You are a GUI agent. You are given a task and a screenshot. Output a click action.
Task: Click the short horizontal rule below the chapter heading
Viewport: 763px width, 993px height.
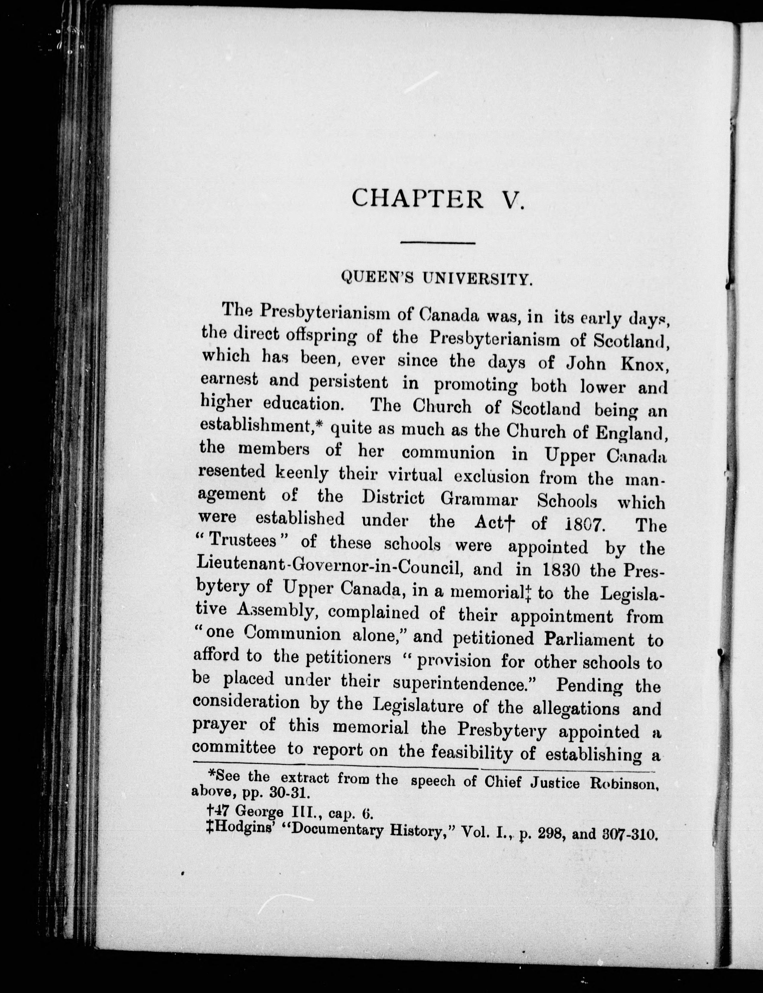click(437, 243)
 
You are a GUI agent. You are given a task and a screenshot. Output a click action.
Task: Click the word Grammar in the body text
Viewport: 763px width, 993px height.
click(480, 500)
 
